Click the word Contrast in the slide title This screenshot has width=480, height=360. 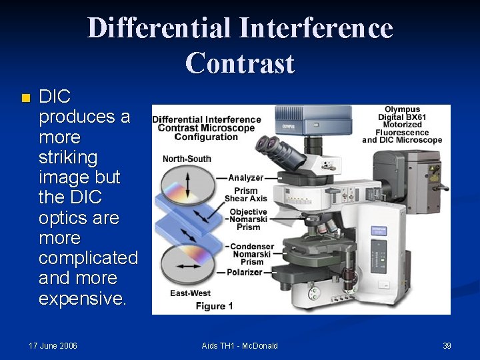pos(240,63)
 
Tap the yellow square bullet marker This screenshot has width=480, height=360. pos(25,98)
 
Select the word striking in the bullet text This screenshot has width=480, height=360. pos(68,158)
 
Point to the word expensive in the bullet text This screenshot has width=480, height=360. pos(81,298)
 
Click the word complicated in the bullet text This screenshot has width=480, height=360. pos(88,258)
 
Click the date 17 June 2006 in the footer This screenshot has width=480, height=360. pos(53,345)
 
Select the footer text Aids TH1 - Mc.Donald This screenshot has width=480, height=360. pos(239,345)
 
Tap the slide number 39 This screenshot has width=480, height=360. pos(447,345)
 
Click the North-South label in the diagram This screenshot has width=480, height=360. pos(187,159)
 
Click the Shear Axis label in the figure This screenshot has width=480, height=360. pos(245,199)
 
